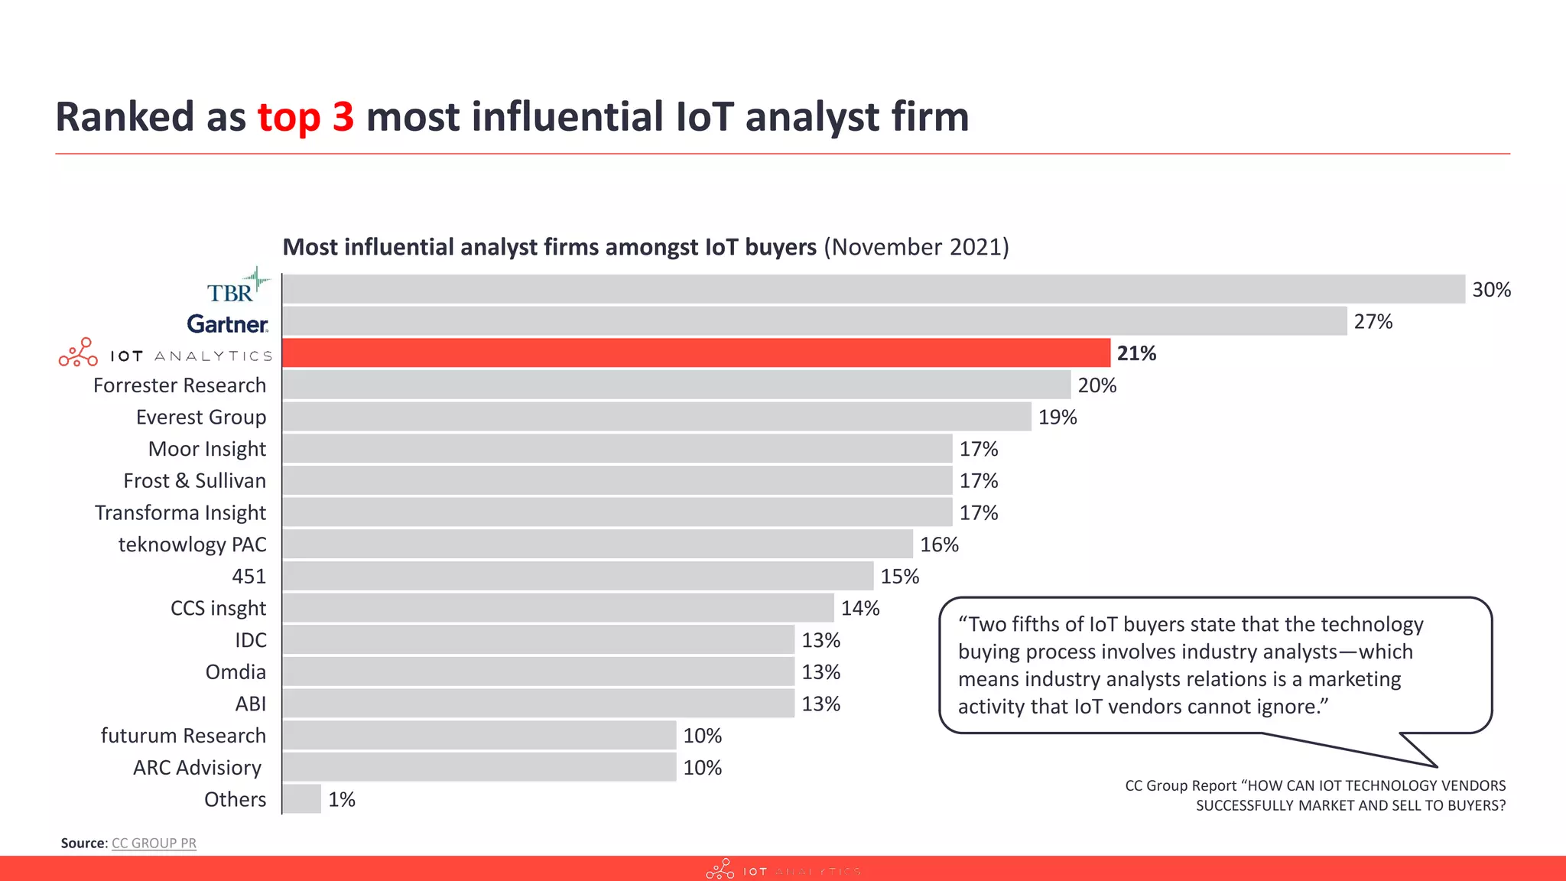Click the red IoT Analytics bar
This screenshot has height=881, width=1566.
(x=696, y=353)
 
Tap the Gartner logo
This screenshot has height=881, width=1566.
(x=227, y=324)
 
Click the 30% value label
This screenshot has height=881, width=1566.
(x=1491, y=290)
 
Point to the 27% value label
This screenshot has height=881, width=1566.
(x=1373, y=322)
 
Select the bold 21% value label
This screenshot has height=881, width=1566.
(x=1136, y=353)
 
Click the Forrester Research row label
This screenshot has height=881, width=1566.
(x=180, y=385)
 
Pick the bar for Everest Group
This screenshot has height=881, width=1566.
(x=656, y=417)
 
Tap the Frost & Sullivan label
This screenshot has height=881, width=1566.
(x=194, y=481)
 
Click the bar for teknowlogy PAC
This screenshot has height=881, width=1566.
(x=597, y=545)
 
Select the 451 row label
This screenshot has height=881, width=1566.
(x=249, y=577)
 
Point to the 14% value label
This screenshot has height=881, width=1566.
(x=860, y=609)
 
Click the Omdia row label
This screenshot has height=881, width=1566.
(x=236, y=672)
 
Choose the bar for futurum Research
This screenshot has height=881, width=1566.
(x=479, y=736)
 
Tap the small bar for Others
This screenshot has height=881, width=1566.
(x=302, y=799)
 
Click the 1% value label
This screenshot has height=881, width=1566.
(x=341, y=800)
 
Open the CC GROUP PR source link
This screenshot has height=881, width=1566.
(x=154, y=843)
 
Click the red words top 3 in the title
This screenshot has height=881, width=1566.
(x=306, y=117)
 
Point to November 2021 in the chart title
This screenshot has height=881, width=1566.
(x=916, y=247)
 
